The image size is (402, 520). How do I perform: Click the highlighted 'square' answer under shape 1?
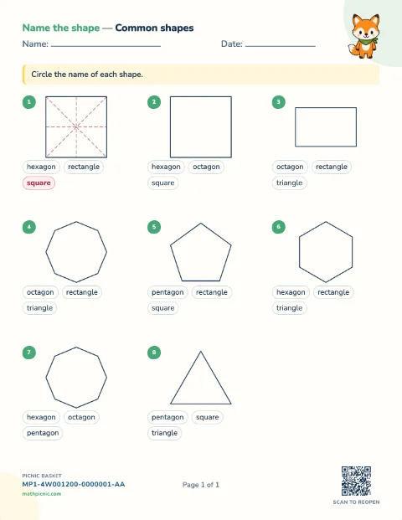[x=39, y=183]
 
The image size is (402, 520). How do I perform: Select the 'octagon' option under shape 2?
[x=206, y=167]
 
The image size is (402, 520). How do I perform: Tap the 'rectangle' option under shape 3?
[x=332, y=167]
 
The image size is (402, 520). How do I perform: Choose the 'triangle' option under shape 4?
[x=39, y=308]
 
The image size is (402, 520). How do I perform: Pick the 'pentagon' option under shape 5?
[x=167, y=292]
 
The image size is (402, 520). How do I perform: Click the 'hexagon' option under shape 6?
[x=291, y=292]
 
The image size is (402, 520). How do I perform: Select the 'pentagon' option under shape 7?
[x=43, y=433]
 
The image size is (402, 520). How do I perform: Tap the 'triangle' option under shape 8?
[x=164, y=433]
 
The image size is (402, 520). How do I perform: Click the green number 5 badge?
[x=154, y=227]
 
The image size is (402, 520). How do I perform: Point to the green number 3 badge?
[x=279, y=102]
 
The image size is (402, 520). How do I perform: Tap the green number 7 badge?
[x=29, y=353]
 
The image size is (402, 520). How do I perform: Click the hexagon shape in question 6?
[x=326, y=222]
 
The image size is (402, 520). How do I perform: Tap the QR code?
[x=356, y=481]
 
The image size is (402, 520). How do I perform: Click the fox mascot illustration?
[x=364, y=36]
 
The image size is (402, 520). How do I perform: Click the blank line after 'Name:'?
[x=106, y=46]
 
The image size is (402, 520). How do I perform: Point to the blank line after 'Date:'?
[x=281, y=46]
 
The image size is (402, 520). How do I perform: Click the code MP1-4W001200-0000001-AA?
[x=74, y=484]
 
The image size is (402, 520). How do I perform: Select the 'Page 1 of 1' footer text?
[x=201, y=485]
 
